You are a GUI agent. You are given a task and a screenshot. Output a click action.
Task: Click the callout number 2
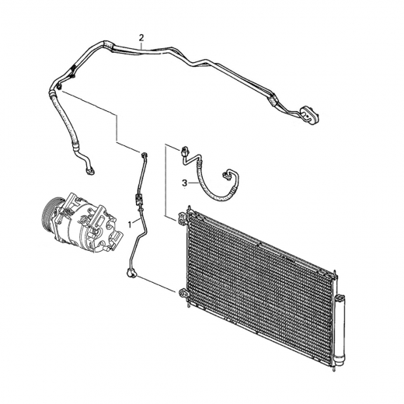coord(141,38)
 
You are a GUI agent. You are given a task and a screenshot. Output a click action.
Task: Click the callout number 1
coord(130,225)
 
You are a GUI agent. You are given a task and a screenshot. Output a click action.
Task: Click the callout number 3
coord(184,183)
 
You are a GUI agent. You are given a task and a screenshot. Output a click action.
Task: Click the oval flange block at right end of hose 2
coord(309,114)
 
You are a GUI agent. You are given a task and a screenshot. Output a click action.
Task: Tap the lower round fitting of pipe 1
coord(131,273)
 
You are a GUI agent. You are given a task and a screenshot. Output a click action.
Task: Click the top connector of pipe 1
coord(145,155)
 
